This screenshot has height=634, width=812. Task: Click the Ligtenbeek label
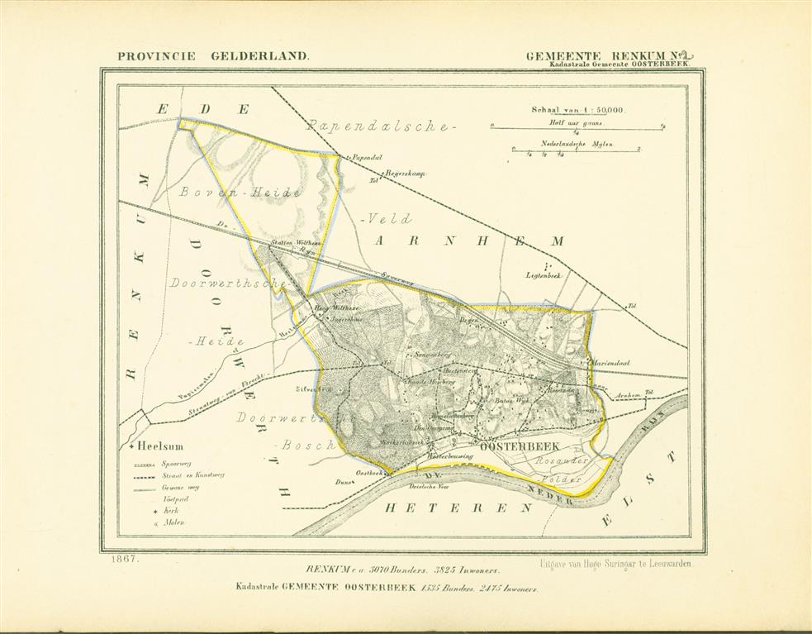(x=544, y=274)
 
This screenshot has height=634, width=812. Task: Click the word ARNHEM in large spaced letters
(x=469, y=241)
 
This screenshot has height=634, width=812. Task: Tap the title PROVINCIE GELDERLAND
(x=213, y=56)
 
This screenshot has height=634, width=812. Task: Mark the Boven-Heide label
(x=238, y=192)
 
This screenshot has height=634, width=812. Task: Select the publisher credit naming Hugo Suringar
(x=616, y=563)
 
